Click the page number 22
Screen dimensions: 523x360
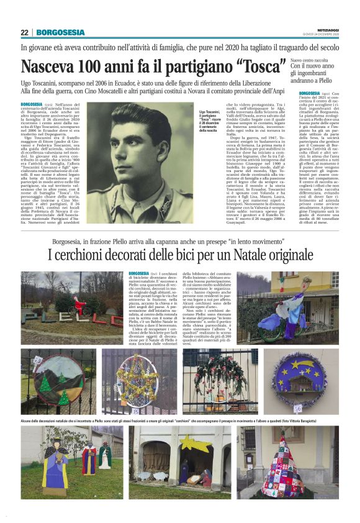pos(24,32)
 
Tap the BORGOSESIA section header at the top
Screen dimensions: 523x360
pos(60,32)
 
